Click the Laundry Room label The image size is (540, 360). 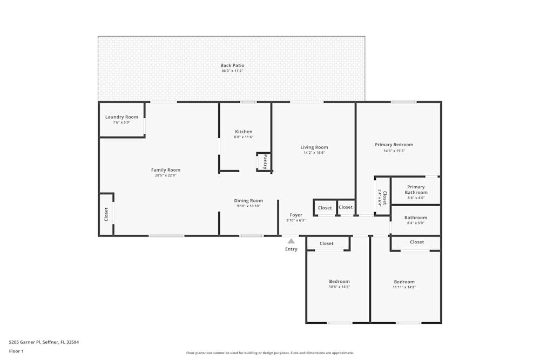point(122,117)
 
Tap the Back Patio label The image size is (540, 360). point(232,65)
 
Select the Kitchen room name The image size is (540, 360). point(244,132)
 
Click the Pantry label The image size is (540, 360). point(265,161)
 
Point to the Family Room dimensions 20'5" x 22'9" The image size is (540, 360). point(166,175)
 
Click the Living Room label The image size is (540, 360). point(314,147)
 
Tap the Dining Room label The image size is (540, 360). point(248,201)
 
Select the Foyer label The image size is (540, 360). point(296,215)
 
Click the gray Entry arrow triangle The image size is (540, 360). point(291,241)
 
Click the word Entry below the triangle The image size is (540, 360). point(291,249)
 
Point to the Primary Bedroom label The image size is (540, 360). point(394,145)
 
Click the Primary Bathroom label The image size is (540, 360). point(416,190)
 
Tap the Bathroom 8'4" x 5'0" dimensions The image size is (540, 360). point(416,223)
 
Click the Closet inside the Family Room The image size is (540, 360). point(106,214)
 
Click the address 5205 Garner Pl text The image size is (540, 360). point(44,342)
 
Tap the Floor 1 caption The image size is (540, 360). point(16,351)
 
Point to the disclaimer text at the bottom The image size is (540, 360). point(270,353)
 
